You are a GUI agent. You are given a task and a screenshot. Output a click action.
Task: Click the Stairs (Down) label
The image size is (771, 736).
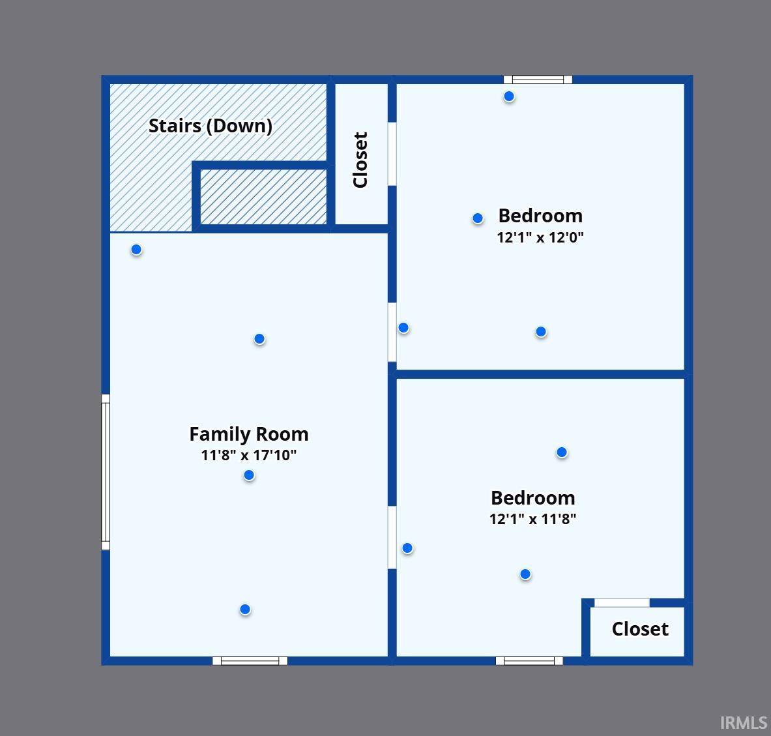click(210, 126)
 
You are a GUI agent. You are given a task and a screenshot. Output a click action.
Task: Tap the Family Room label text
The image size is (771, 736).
click(248, 434)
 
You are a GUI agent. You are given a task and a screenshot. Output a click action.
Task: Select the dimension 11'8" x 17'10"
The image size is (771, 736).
click(248, 455)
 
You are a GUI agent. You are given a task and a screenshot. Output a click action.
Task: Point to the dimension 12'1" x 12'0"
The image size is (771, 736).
click(540, 237)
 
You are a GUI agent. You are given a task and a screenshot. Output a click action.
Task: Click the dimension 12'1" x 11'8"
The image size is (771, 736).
click(532, 520)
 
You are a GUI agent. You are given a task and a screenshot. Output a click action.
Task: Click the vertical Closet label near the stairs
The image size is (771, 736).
click(360, 160)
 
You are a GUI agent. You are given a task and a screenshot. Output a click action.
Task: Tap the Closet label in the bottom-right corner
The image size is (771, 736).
click(639, 629)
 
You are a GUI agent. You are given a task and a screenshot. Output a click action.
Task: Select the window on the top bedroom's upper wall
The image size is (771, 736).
click(538, 80)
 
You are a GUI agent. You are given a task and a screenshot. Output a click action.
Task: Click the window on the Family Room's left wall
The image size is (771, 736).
click(106, 472)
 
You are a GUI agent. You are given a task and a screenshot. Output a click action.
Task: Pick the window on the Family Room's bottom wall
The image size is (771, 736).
click(250, 661)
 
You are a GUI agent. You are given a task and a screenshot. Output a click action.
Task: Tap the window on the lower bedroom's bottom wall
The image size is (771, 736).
click(529, 661)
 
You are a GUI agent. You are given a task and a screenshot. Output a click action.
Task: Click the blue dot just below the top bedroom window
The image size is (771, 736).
click(509, 96)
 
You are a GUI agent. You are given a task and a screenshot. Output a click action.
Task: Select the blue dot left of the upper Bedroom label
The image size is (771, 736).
click(478, 218)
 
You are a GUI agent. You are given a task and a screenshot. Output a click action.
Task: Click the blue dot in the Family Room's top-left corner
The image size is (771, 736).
click(136, 250)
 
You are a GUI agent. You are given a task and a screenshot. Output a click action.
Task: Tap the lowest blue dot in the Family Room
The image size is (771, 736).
click(245, 610)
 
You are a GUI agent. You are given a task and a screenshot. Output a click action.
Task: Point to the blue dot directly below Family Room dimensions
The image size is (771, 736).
click(249, 475)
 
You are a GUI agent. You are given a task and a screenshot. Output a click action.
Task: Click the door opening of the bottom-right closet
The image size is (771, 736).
click(622, 603)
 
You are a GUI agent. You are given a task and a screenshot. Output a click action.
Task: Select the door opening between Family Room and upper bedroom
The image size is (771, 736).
click(392, 332)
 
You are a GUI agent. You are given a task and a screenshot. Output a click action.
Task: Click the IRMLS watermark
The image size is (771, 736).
click(743, 722)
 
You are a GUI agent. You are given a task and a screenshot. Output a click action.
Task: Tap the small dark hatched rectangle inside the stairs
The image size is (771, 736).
click(263, 197)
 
